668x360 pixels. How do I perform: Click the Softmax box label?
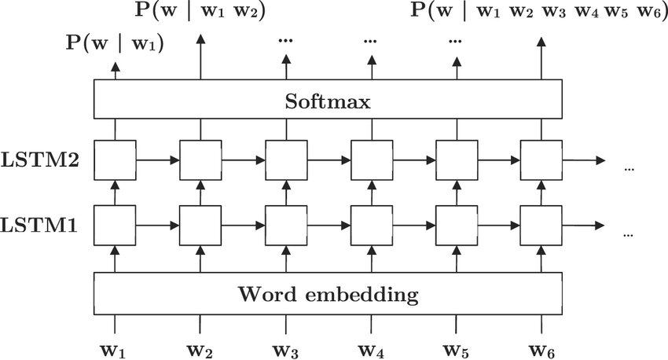(328, 101)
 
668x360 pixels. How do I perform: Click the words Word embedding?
(328, 296)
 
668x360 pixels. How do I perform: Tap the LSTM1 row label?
(39, 226)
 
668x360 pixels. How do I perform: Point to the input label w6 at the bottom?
(541, 347)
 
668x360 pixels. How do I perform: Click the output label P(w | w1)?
(115, 45)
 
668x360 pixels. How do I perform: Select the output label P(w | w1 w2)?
(200, 12)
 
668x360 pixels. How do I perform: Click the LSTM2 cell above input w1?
(116, 160)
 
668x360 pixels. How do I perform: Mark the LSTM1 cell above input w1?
(116, 226)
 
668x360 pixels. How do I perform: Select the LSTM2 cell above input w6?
(541, 160)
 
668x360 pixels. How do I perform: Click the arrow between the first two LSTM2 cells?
(158, 160)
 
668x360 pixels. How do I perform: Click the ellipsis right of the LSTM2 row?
(629, 168)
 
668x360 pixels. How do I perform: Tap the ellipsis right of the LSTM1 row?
(629, 233)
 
